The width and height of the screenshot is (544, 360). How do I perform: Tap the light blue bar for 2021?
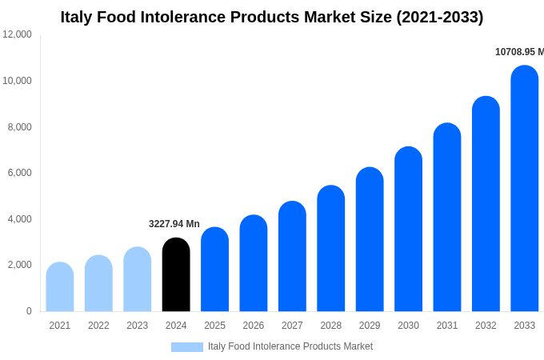coord(60,287)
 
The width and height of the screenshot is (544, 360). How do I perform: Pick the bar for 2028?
coord(330,249)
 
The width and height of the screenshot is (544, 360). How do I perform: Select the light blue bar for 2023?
coord(138,279)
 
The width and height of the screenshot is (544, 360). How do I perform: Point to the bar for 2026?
coord(254,263)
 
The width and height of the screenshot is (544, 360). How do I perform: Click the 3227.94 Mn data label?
coord(174,224)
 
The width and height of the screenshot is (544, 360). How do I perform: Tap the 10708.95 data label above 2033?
coord(519,52)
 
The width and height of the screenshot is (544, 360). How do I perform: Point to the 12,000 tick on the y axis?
coord(18,34)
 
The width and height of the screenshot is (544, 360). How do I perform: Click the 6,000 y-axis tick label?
coord(20,173)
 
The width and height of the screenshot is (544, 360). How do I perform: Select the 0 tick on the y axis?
coord(29,311)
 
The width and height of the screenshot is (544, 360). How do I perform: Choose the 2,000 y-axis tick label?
coord(20,265)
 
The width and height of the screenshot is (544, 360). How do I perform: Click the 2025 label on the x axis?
coord(214,326)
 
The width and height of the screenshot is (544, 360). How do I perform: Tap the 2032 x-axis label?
coord(486,326)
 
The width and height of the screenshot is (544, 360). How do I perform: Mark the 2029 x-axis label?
coord(370,326)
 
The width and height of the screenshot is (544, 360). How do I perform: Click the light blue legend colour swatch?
coord(186,347)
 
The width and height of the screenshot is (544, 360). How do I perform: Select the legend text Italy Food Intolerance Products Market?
coord(290,346)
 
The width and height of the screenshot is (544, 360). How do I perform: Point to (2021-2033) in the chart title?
coord(439,17)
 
